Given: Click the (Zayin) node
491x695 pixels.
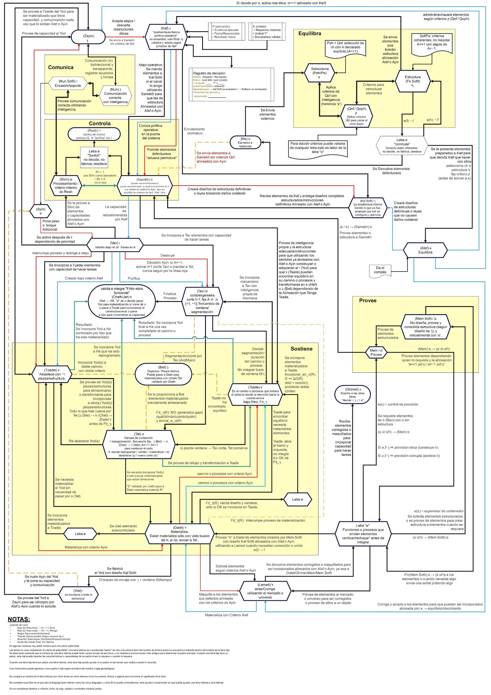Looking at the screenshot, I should pyautogui.click(x=88, y=38).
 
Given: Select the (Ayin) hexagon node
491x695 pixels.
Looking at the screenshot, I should pyautogui.click(x=40, y=211).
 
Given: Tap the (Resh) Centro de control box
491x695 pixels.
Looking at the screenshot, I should pyautogui.click(x=94, y=134).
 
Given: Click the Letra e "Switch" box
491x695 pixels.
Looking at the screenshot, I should pyautogui.click(x=94, y=157).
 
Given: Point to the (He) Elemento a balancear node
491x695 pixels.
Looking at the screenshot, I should pyautogui.click(x=245, y=142).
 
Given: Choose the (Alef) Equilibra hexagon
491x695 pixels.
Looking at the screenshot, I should pyautogui.click(x=425, y=250).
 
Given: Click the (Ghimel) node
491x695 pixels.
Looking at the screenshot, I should pyautogui.click(x=352, y=395).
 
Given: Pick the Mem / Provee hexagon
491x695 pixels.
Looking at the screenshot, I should pyautogui.click(x=376, y=352).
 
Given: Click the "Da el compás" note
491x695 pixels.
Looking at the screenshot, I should pyautogui.click(x=380, y=270).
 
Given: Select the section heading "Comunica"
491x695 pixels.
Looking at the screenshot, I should pyautogui.click(x=61, y=67).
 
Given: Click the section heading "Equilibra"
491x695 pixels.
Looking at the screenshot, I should pyautogui.click(x=310, y=34).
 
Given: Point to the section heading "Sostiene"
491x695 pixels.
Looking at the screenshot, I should pyautogui.click(x=302, y=349).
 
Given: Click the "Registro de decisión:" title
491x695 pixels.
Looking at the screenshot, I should pyautogui.click(x=209, y=73).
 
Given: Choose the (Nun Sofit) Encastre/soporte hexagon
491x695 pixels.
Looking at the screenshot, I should pyautogui.click(x=68, y=83).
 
